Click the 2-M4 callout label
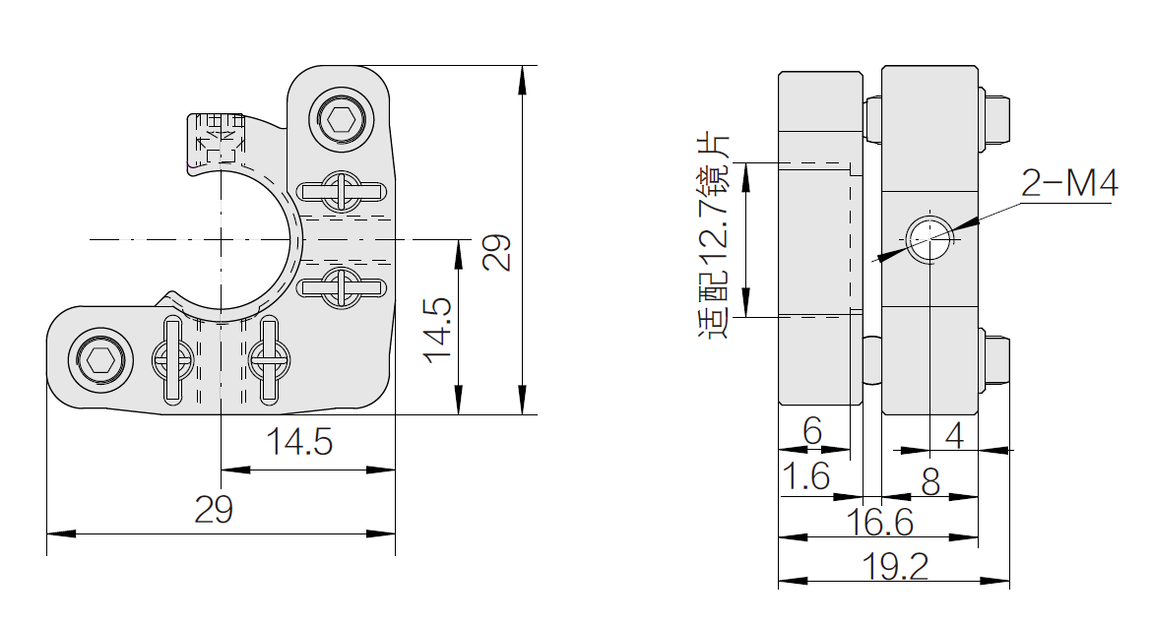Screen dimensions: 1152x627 coord(1069,183)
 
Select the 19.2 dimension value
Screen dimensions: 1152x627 coord(895,566)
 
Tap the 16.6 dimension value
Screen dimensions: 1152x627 coord(879,522)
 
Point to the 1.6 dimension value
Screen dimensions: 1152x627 coord(806,476)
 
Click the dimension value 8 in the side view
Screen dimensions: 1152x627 coord(930,482)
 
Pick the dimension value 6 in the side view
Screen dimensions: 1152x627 coord(812,431)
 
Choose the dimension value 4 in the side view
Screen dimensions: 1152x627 coord(954,435)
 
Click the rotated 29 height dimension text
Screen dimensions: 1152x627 coord(496,253)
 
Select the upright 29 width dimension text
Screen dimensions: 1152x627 coord(214,509)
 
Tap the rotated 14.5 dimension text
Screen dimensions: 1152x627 coord(437,331)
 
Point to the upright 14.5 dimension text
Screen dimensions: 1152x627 coord(299,442)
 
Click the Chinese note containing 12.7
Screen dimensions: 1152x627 coord(713,235)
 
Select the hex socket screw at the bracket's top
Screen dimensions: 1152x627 coord(341,119)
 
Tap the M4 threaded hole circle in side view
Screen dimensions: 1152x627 coord(928,239)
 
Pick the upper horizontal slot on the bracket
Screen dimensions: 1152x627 coord(342,192)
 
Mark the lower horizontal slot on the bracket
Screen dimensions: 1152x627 coord(342,286)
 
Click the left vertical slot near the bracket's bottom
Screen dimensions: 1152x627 coord(172,359)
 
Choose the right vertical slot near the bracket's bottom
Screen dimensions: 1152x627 coord(270,359)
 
